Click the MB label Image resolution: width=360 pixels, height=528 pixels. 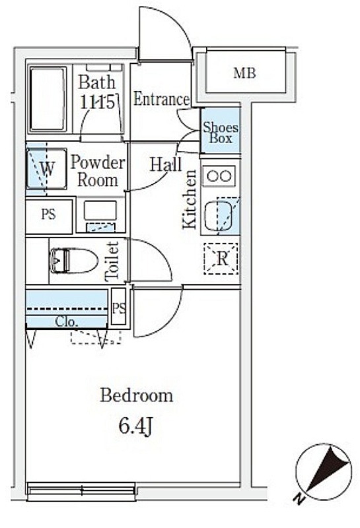pos(244,73)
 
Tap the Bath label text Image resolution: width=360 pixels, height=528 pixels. pos(96,82)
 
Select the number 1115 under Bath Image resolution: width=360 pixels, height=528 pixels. pos(97,102)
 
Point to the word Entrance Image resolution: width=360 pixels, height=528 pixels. pos(161,99)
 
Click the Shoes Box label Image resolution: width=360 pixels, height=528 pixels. pos(221,133)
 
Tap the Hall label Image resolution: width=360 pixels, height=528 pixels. pos(166,164)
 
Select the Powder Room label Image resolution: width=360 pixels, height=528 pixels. pos(98,172)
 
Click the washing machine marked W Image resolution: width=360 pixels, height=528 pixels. pos(46,168)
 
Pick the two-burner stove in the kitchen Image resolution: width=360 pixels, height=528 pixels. pos(219,176)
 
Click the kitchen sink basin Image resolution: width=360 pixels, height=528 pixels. pos(218,216)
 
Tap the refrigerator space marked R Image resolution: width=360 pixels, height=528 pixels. pos(221,259)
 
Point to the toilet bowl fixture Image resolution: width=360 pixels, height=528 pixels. pos(73,261)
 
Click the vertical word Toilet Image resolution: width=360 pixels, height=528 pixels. pos(112,261)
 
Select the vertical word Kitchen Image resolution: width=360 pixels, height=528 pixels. pos(190,199)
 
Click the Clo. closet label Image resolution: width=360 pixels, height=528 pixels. pos(67,322)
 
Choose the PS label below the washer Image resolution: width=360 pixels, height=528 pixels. pos(48,214)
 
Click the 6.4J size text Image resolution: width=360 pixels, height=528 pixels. pos(136,426)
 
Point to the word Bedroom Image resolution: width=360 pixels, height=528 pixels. pos(137,395)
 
